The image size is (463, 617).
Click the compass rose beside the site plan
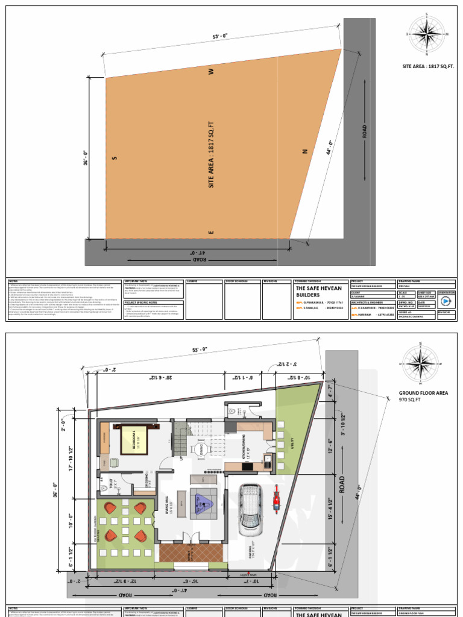pos(424,34)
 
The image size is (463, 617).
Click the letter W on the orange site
pos(211,72)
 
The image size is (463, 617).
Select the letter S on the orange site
pos(113,158)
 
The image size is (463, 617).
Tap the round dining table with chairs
pos(201,449)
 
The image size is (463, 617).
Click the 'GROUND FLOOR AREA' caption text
pos(423,393)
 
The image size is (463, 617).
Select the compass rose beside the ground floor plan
pos(420,363)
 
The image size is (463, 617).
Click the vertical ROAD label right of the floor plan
pos(341,486)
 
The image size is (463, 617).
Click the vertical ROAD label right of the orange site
pos(364,131)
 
